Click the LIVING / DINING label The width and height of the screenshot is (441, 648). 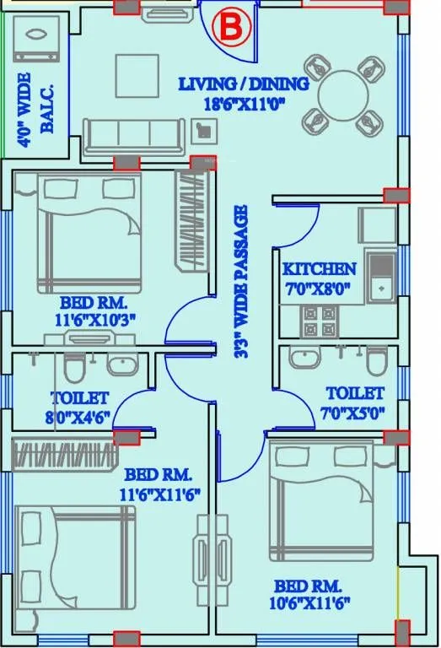(243, 84)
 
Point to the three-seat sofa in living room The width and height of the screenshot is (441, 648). (132, 134)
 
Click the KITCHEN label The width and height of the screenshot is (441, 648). (319, 269)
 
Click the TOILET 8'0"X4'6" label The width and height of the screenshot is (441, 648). (79, 406)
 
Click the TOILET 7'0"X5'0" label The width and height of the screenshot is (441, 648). (355, 402)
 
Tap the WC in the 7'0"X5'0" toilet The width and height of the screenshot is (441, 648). (376, 361)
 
